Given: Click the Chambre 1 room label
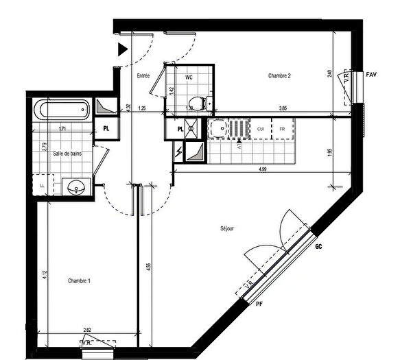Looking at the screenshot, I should coord(80,280).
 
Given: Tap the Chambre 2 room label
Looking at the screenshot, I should coord(280,76).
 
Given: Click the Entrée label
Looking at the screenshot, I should coord(143,76).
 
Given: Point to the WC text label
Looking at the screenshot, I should coord(189,77).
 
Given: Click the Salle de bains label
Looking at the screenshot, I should coord(67,154).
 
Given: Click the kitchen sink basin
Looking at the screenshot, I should coord(220,128).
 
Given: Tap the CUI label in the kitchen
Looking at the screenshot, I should coord(261,129).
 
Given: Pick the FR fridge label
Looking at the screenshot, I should coord(282,129).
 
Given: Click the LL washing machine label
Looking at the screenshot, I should coord(42,186).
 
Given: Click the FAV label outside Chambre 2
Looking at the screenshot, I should coord(372,73).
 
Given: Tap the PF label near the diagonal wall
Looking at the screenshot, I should coord(259,302).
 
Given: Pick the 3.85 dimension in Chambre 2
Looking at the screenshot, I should coord(282,108).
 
